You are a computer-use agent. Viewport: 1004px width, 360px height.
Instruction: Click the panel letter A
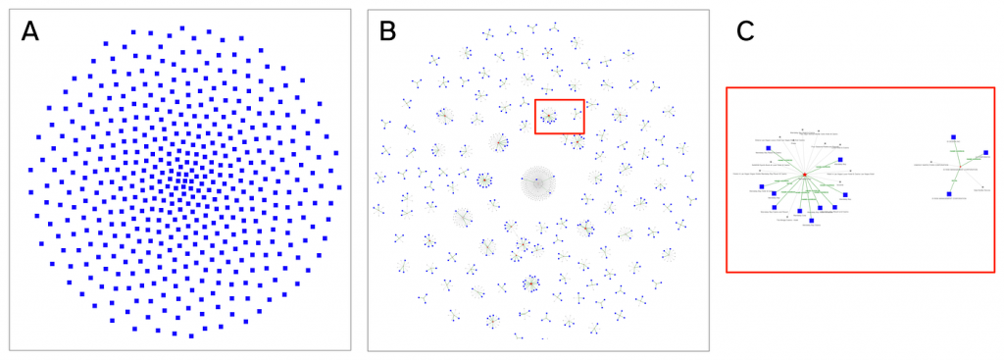tap(30, 31)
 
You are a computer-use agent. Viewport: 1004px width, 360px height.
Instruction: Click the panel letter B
tap(388, 31)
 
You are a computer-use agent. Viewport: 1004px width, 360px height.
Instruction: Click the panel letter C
tap(745, 31)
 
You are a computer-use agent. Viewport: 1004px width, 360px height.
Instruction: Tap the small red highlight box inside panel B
tap(559, 116)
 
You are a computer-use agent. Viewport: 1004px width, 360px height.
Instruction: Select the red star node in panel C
tap(804, 175)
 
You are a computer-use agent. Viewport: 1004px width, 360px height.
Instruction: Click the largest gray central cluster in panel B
tap(536, 181)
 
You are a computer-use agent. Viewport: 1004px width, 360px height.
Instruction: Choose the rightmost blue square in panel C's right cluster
tap(985, 153)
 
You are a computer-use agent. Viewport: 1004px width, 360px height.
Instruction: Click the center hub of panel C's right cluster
tap(959, 167)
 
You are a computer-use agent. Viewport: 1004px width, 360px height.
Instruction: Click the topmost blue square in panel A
tap(181, 28)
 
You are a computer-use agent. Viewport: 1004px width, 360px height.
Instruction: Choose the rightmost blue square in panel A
tap(338, 184)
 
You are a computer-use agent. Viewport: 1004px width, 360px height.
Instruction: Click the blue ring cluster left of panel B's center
tap(484, 181)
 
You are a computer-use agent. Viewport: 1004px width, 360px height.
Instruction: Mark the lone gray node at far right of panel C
tap(982, 187)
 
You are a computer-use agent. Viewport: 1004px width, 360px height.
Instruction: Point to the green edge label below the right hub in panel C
tap(953, 181)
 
